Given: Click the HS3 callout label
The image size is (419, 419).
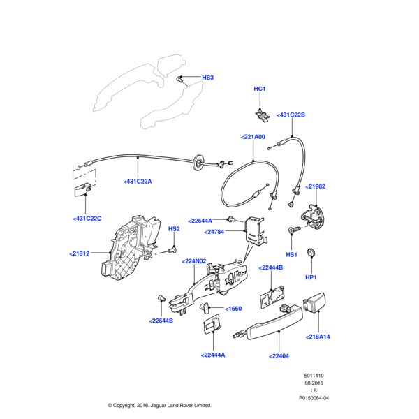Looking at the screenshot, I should (207, 77).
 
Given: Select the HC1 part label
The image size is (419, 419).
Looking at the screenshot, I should (260, 89).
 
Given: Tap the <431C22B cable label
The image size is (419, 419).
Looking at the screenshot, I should (291, 115).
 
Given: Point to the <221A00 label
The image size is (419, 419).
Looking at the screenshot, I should (253, 137).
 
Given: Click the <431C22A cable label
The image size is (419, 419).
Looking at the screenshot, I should (138, 181).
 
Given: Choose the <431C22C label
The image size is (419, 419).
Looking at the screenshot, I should (87, 219).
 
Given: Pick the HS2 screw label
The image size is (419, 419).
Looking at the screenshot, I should (174, 228).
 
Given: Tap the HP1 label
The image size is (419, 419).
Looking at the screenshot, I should (311, 279).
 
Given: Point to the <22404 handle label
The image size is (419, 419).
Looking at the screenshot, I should (278, 355).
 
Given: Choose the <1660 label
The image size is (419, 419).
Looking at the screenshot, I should (233, 308).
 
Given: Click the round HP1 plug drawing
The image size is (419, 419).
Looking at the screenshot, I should (311, 252).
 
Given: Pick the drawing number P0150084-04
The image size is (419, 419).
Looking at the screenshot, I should (314, 399).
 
